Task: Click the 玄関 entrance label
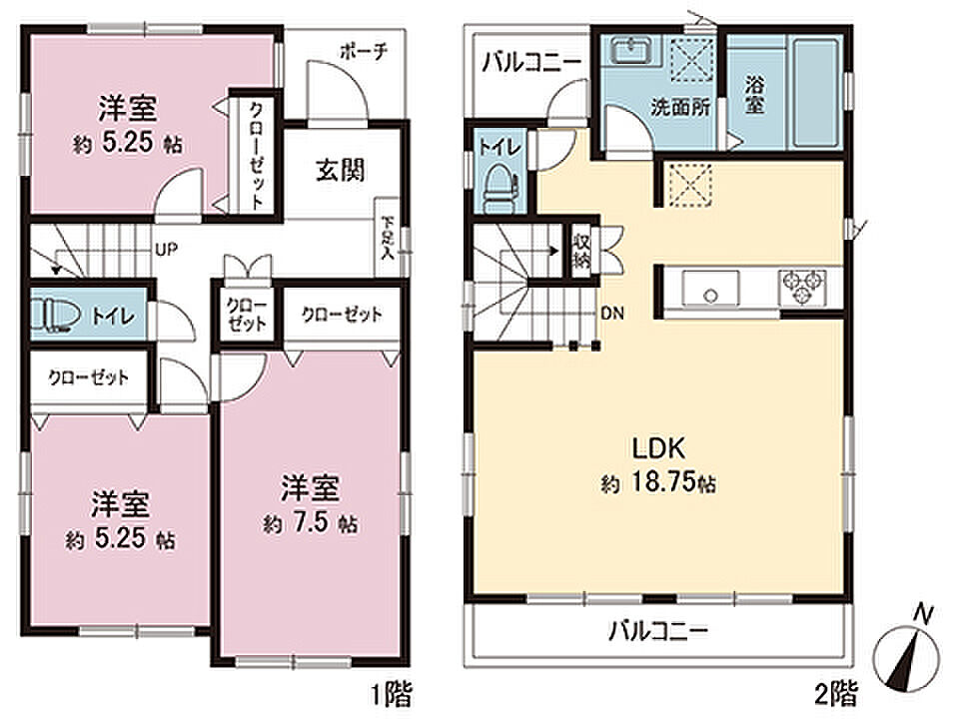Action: click(341, 170)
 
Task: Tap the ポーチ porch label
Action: click(364, 52)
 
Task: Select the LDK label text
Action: click(658, 449)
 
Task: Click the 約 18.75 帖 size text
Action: click(658, 484)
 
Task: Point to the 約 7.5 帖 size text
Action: click(311, 523)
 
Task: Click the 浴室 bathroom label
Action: click(755, 95)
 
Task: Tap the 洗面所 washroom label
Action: click(680, 108)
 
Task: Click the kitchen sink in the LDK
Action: click(710, 289)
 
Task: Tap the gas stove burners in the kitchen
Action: click(802, 288)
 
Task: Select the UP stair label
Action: click(166, 250)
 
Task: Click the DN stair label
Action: click(612, 314)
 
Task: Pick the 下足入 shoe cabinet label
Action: click(388, 238)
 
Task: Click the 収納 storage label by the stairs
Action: click(580, 251)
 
